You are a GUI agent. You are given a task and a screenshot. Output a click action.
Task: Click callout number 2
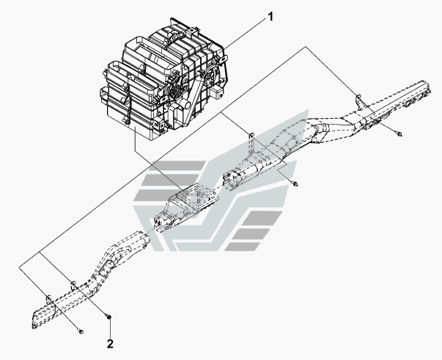point(110,342)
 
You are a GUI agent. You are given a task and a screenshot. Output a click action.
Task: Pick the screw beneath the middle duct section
point(293,183)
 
